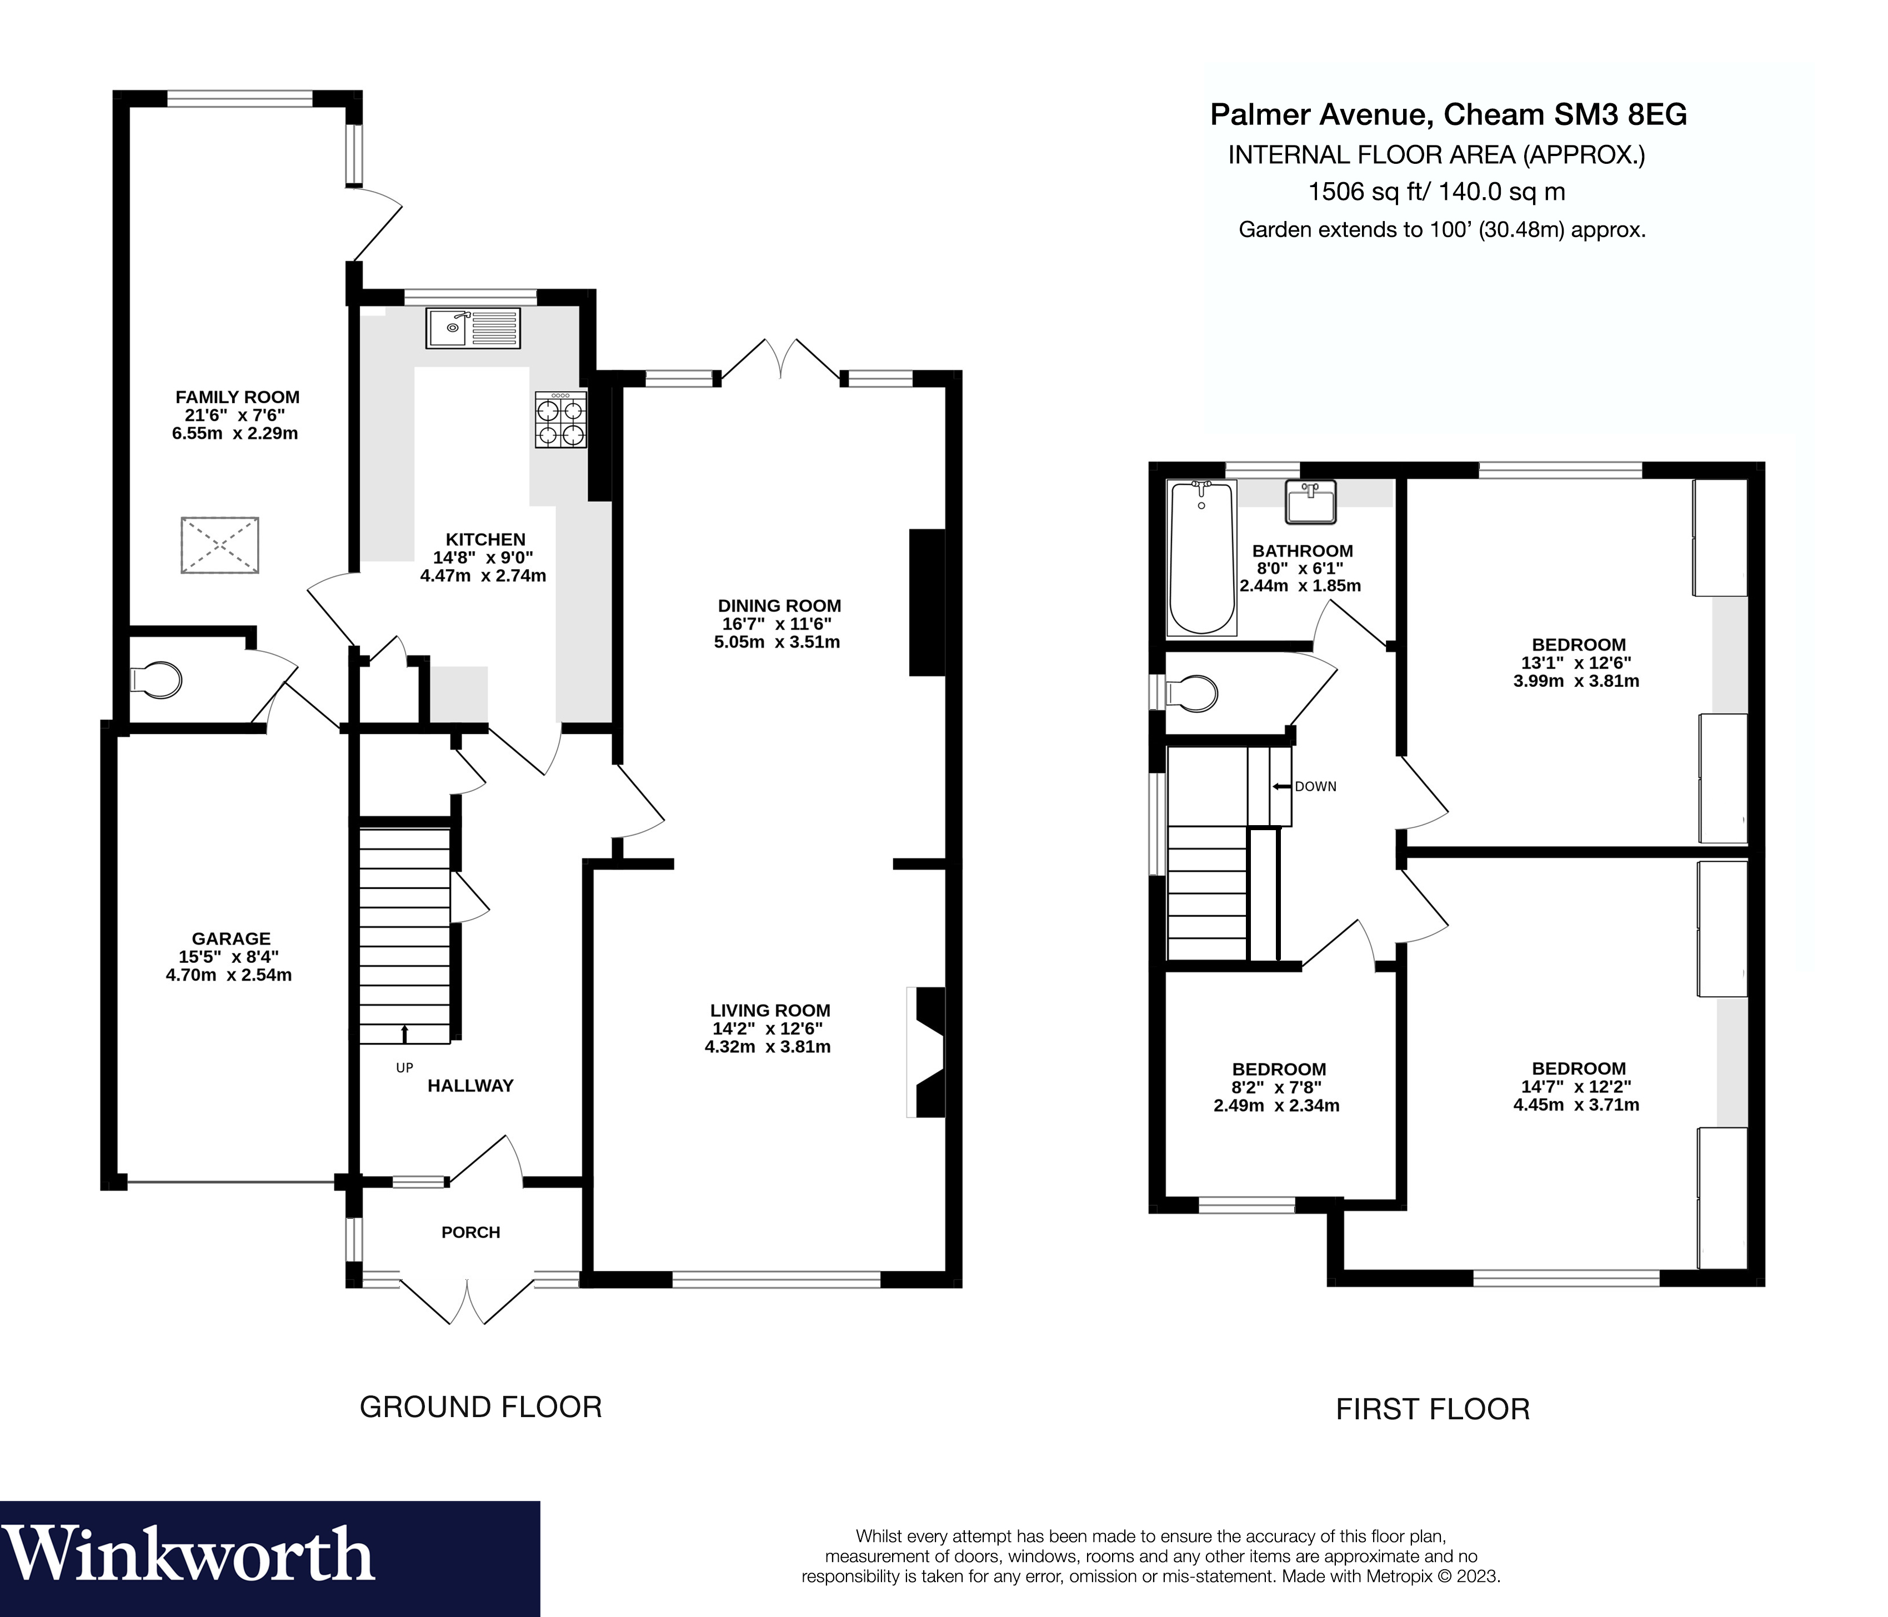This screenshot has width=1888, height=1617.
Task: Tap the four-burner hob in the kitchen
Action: click(x=560, y=420)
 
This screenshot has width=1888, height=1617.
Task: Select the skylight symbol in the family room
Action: click(x=219, y=545)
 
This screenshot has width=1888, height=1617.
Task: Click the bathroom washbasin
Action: click(x=1310, y=502)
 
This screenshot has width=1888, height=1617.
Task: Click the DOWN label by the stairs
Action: click(x=1315, y=786)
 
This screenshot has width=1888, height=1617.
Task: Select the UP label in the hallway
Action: click(x=404, y=1068)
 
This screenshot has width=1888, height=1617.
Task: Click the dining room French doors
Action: click(x=780, y=360)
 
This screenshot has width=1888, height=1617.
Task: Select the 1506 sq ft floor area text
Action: click(x=1436, y=192)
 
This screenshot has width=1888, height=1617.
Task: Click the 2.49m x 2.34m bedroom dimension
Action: click(x=1276, y=1106)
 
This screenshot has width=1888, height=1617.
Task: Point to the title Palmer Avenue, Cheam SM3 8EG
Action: click(x=1448, y=115)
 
